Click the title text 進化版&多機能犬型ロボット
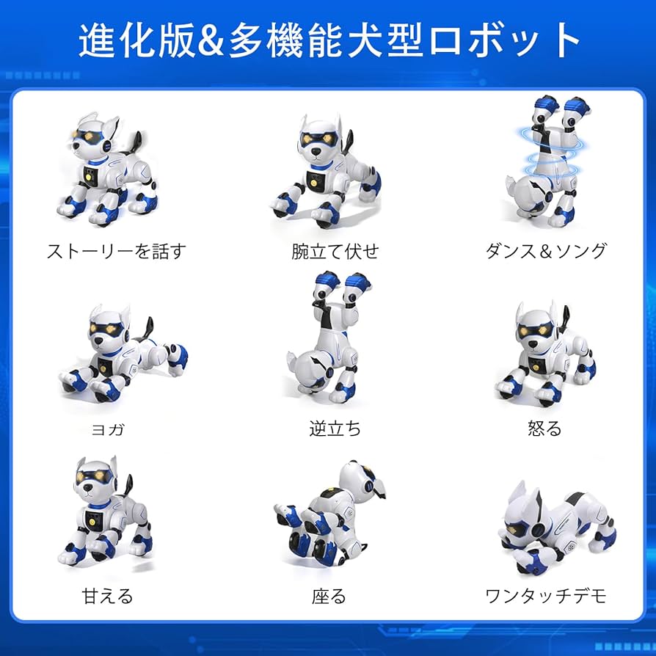[x=328, y=40]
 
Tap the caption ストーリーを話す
[x=116, y=251]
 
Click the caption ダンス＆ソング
[x=546, y=251]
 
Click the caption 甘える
[x=107, y=596]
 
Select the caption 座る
[x=328, y=596]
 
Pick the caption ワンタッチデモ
[x=546, y=596]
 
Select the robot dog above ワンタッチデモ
[x=547, y=528]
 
